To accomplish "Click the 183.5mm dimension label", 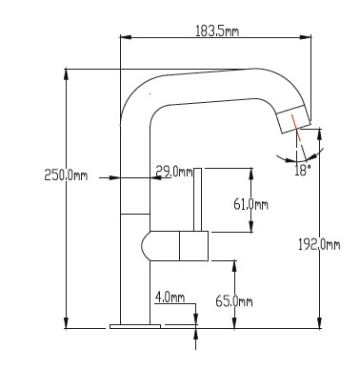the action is point(217,31).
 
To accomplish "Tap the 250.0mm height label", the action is point(66,175).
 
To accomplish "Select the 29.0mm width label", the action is point(174,172).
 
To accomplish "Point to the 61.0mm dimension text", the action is point(250,204).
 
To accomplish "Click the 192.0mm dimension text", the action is point(319,244).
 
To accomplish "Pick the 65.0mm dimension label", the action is point(234,300).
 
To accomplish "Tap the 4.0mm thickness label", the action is point(170,298).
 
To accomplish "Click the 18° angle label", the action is point(301,171).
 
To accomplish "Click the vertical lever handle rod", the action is point(198,199).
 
